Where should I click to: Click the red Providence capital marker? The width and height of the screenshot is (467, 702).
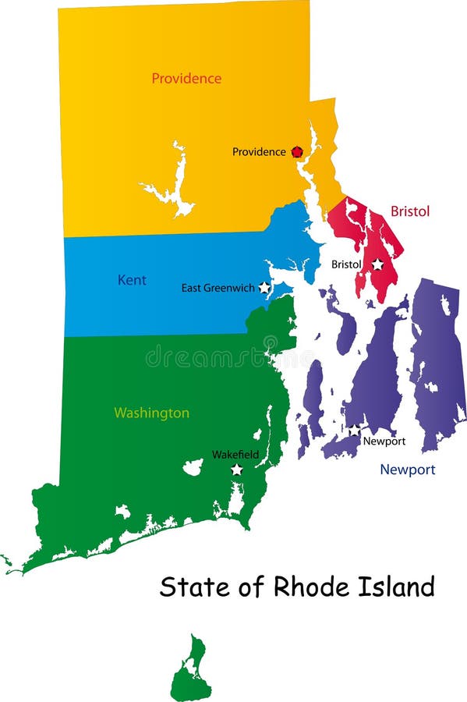pos(296,152)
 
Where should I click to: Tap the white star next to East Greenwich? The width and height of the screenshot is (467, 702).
pos(264,288)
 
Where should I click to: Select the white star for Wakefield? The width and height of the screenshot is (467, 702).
pos(236,470)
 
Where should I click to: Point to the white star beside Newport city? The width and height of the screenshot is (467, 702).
pos(354,431)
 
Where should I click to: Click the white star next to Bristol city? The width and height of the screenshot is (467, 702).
pos(377,264)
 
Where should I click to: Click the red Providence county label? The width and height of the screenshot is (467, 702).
pos(186,79)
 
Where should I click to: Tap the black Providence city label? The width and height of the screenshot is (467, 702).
pos(259,152)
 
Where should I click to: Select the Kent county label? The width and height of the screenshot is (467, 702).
pos(132,280)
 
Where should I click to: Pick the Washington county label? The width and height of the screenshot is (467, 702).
pos(151,413)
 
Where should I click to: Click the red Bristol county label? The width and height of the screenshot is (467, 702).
pos(410,211)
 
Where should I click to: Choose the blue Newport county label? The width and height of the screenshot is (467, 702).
pos(407,470)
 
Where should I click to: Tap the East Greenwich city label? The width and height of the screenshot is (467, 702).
pos(218,288)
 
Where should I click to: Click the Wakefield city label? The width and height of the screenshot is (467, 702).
pos(235,455)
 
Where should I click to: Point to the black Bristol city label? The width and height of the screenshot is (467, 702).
pos(346,264)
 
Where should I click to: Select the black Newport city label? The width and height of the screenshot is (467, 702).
pos(384,441)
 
